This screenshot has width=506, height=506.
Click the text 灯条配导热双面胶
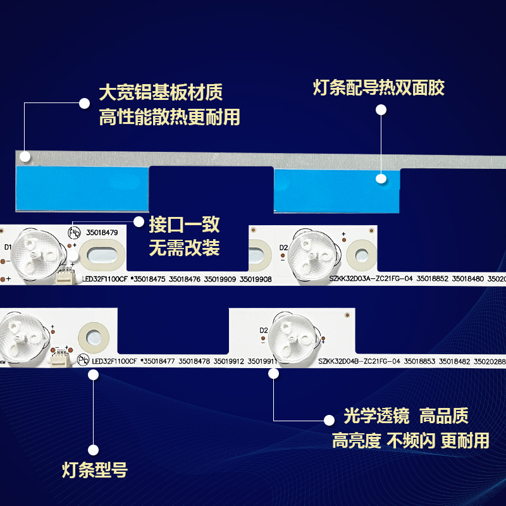point(379,88)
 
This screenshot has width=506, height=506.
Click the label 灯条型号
point(95,470)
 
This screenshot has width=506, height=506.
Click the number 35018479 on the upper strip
point(102,233)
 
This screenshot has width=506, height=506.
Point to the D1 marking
point(8,247)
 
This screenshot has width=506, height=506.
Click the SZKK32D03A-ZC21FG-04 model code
point(362,278)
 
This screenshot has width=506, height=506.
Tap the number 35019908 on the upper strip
point(256,278)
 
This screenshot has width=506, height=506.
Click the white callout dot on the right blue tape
point(380,178)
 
